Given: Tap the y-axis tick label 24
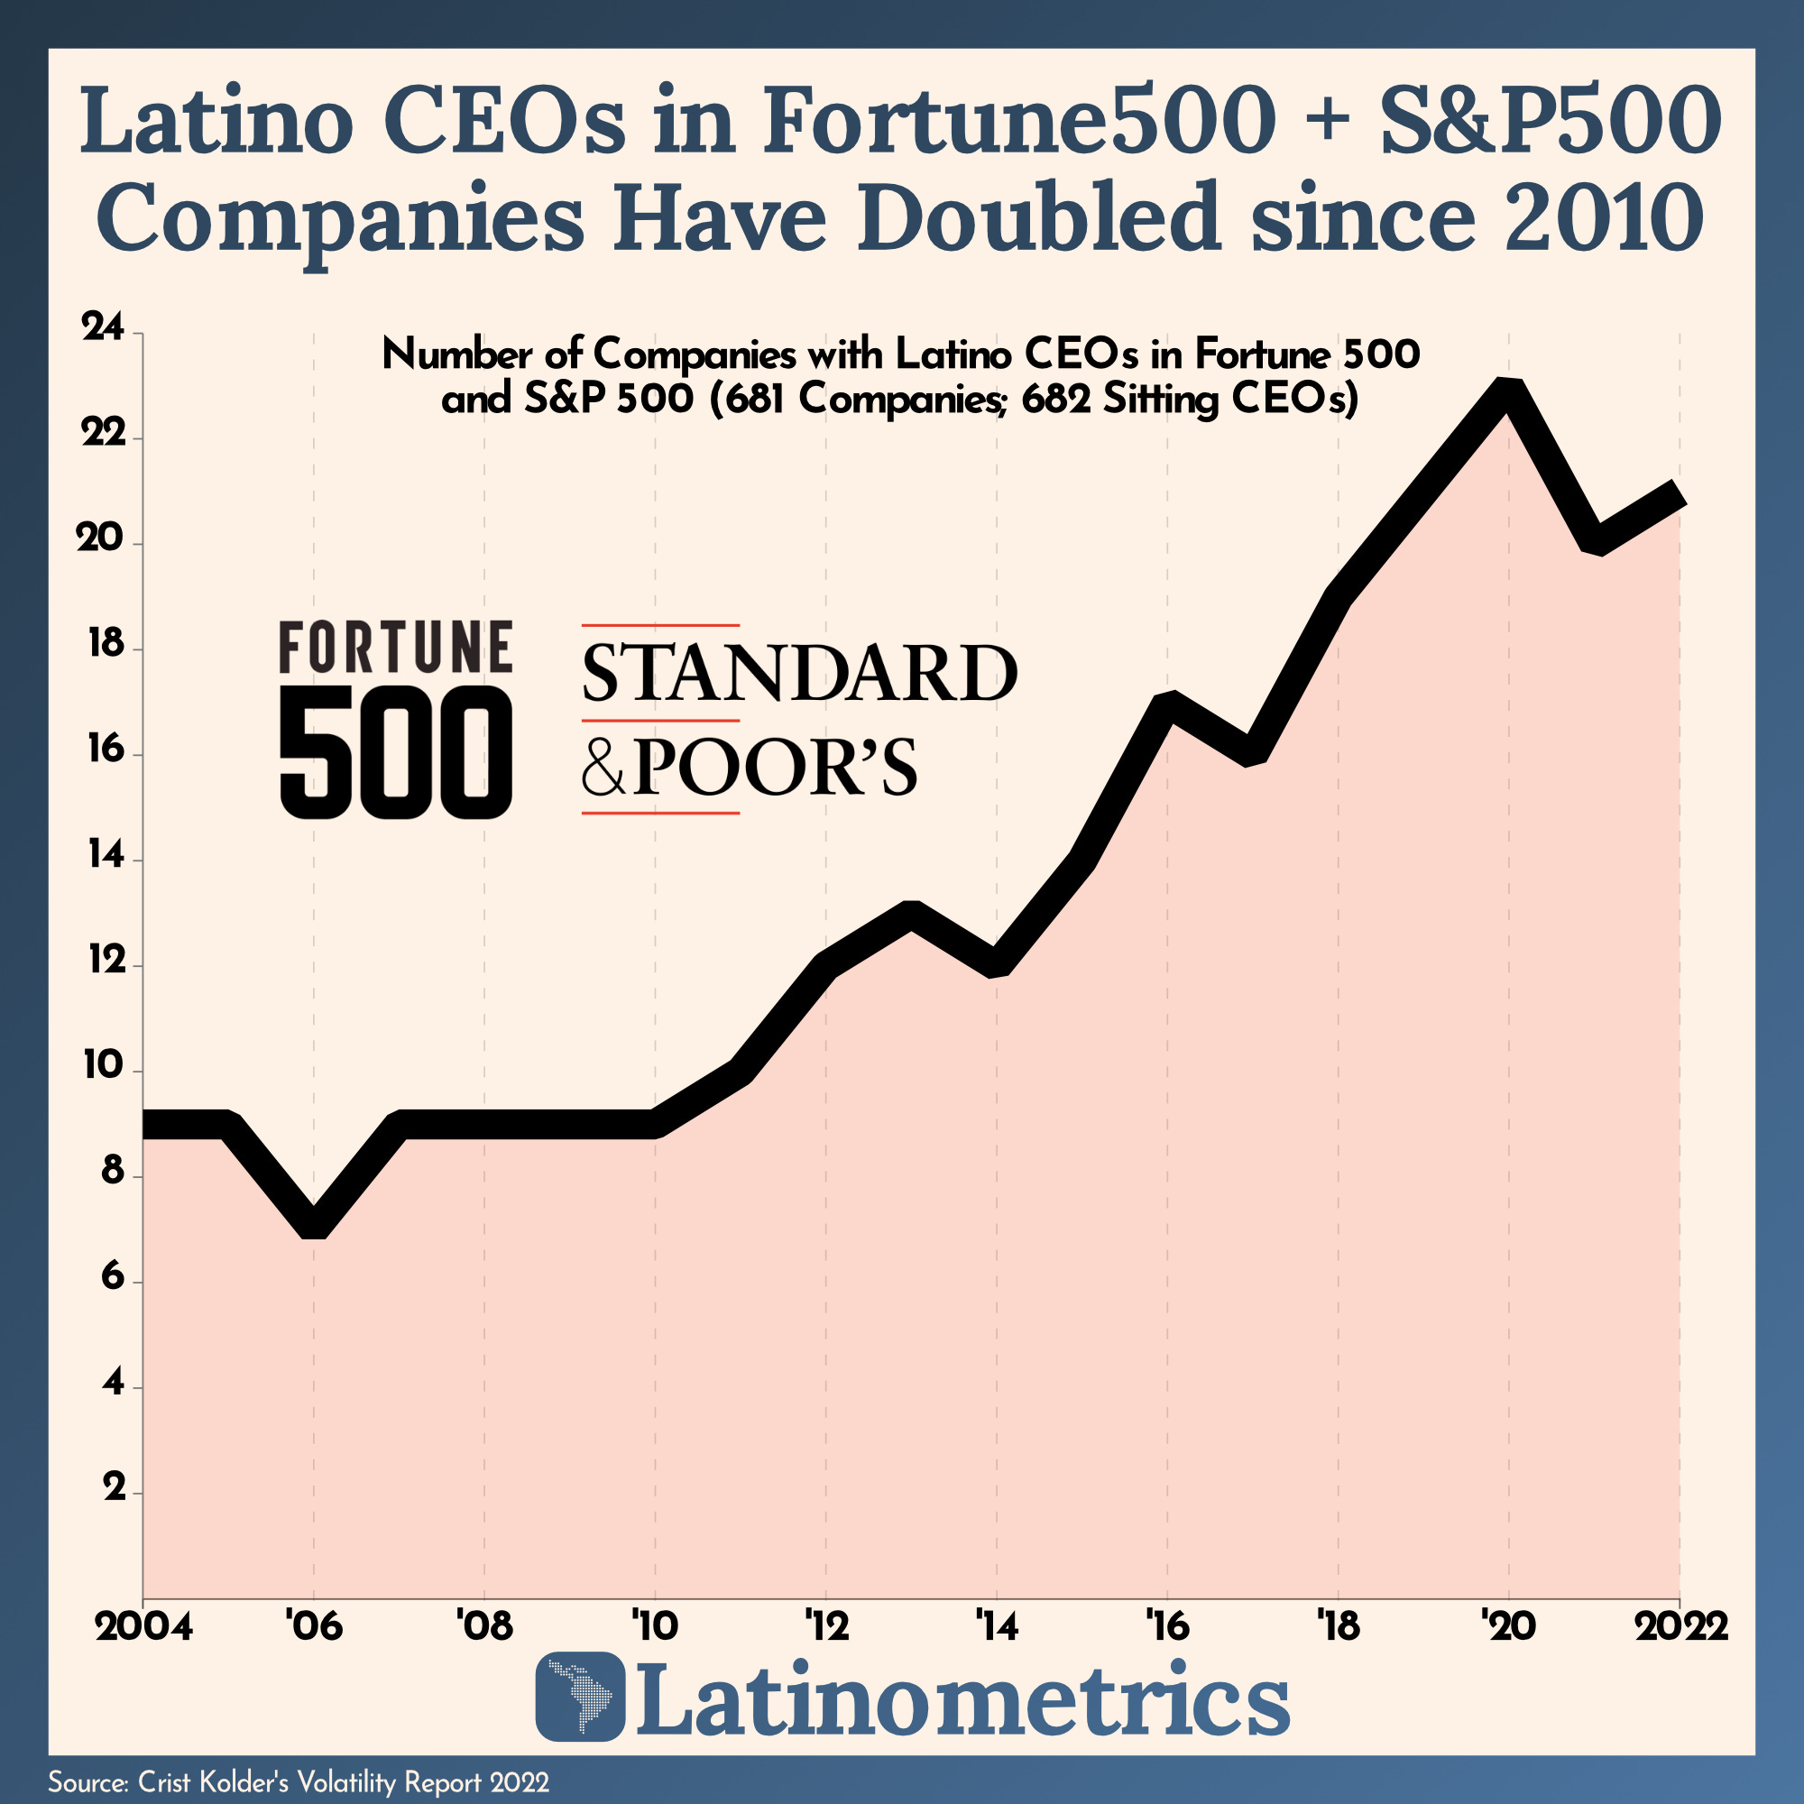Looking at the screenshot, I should click(103, 330).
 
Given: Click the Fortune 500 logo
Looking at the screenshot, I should click(396, 719).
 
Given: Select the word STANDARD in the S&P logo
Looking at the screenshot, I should click(799, 672).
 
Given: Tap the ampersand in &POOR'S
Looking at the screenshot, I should click(603, 768).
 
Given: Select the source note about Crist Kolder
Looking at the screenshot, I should click(298, 1781).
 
